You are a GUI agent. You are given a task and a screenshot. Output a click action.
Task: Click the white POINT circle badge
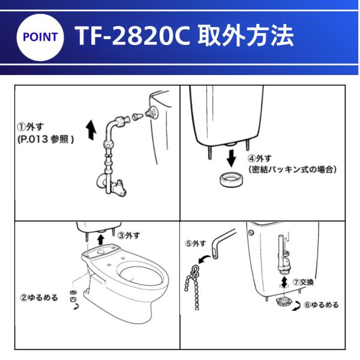coord(40,37)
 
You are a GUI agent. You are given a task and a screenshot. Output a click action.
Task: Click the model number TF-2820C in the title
coord(133,36)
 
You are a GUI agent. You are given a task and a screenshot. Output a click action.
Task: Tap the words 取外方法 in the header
coord(246,35)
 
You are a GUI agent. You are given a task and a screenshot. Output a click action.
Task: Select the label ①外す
coord(31,127)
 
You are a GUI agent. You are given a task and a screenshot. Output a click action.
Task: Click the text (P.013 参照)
coord(46,139)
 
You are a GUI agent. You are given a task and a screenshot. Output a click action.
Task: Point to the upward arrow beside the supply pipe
coord(91,130)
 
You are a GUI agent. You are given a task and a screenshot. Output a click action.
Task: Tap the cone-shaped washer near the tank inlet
coord(138,116)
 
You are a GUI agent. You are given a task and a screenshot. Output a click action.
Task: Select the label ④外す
coord(260,158)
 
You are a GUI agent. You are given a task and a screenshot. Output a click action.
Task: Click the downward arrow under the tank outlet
coord(232,158)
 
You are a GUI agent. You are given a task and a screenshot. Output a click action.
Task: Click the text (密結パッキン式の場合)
coord(293,169)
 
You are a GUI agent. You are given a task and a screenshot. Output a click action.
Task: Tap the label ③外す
coord(129,235)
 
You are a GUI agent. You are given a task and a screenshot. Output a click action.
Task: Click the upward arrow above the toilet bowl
coord(100,239)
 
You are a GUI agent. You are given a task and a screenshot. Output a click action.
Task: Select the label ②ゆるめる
coord(39,298)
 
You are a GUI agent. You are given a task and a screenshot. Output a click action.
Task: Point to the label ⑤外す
coord(196,244)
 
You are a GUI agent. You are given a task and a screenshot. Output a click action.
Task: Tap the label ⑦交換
coord(303,282)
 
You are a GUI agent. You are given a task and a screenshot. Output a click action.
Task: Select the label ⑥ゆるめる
coord(321,305)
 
